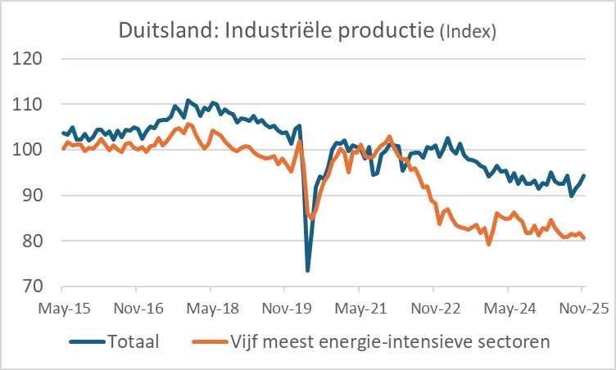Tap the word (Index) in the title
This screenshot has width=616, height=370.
coord(468,33)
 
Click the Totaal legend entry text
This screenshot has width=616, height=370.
coord(134,341)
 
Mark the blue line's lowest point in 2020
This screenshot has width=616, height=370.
coord(308,270)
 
